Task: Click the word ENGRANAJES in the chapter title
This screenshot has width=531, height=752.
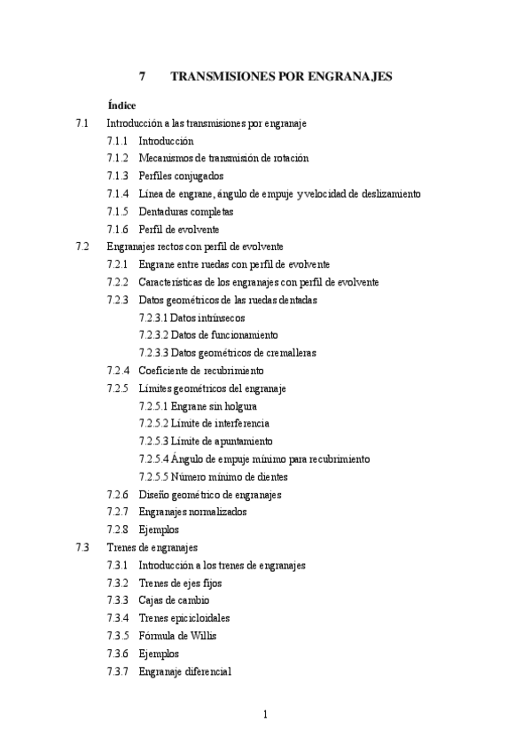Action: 350,77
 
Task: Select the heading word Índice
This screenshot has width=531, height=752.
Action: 121,106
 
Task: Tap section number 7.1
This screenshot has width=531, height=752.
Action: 83,123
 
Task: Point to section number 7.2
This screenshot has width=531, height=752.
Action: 83,247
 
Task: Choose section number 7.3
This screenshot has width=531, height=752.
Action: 83,547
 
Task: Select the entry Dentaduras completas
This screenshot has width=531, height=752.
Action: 185,212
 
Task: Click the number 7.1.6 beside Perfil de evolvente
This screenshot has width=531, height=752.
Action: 118,230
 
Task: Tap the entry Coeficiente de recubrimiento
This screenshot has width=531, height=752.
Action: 201,371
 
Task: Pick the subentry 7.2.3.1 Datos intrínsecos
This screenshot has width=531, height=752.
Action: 191,317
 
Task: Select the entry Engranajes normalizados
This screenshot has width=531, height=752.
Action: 192,512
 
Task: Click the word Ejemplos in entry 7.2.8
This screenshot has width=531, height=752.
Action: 159,529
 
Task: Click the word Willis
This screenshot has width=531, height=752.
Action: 203,636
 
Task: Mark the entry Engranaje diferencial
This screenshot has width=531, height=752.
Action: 184,671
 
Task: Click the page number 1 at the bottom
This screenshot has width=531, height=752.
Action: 265,715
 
